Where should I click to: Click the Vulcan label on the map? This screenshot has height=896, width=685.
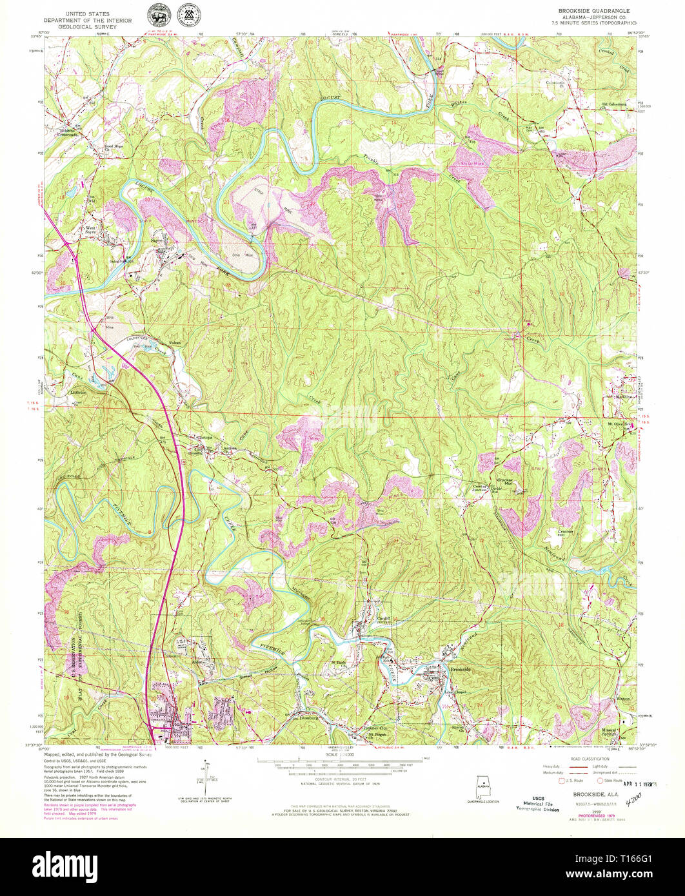pyautogui.click(x=175, y=342)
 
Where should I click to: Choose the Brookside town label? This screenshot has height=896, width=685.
pyautogui.click(x=461, y=670)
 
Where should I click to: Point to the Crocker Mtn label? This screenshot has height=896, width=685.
pyautogui.click(x=504, y=483)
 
